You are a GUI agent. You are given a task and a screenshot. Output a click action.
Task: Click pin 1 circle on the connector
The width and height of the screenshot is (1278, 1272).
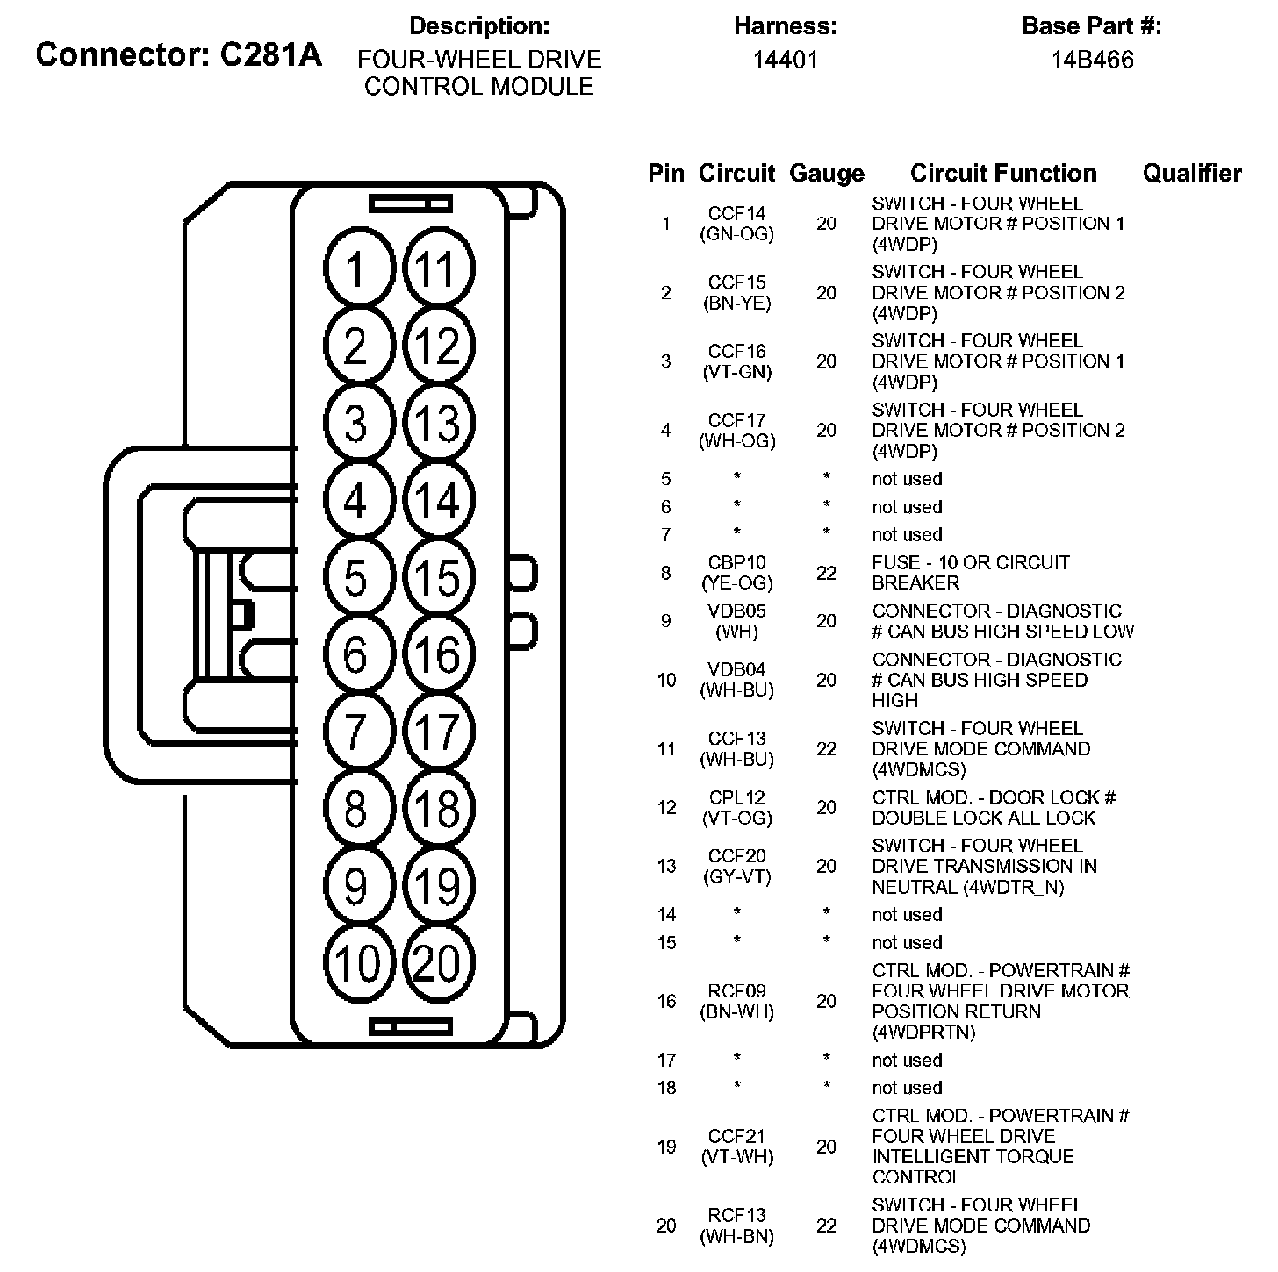pos(355,268)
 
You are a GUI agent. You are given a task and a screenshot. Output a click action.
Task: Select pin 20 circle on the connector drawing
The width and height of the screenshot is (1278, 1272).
pos(436,963)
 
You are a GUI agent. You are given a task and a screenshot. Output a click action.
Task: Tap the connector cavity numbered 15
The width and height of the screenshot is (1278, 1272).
pos(436,578)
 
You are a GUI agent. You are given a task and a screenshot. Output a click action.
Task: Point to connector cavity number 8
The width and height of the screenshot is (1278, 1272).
pos(355,809)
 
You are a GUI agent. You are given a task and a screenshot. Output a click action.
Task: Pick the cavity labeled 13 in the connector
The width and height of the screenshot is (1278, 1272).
pos(436,423)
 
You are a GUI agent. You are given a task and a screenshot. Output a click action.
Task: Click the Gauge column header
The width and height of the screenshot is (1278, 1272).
pos(827,174)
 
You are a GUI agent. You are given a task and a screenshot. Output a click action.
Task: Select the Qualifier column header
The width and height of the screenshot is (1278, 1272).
pos(1192,174)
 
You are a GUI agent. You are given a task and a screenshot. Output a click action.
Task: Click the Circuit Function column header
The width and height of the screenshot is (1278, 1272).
pos(1003,174)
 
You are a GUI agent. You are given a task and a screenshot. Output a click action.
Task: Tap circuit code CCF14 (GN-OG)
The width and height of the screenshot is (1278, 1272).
pos(737,224)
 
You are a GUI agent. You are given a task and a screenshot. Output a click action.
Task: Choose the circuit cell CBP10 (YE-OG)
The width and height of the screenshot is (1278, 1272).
pos(737,573)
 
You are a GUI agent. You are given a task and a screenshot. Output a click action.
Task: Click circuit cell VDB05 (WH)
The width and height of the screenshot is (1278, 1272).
pos(737,621)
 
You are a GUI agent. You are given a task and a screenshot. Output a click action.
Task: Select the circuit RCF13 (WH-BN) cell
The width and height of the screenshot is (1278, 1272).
pos(737,1226)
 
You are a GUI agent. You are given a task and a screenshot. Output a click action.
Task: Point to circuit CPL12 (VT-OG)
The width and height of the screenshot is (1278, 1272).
pos(737,808)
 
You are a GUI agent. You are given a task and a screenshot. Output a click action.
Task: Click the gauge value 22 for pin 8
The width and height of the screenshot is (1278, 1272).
pos(827,573)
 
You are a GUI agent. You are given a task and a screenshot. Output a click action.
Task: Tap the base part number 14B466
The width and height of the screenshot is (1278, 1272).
pos(1093,60)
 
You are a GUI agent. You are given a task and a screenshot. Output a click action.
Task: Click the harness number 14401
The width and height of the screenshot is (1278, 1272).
pos(786,60)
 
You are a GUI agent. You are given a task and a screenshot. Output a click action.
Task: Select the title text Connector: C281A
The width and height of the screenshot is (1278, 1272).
pos(179,54)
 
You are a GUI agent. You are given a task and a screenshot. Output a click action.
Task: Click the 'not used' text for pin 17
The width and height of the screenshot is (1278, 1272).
pos(907,1061)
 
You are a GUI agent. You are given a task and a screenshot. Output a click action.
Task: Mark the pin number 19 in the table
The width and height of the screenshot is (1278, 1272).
pos(666,1147)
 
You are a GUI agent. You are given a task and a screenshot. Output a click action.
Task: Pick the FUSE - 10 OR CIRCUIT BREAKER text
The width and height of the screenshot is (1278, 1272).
pos(971,573)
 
